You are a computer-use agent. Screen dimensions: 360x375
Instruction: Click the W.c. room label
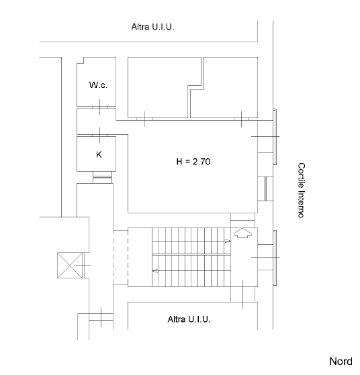[98, 85]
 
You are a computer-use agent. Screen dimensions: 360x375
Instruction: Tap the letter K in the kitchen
[99, 155]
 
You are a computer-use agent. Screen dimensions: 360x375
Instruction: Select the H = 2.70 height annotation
[193, 162]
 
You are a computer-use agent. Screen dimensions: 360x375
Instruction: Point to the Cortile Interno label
[302, 191]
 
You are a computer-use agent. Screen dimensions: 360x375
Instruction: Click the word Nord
[341, 361]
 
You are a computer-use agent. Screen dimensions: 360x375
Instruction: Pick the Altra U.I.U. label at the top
[152, 27]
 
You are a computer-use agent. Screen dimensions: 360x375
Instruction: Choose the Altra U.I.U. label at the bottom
[189, 319]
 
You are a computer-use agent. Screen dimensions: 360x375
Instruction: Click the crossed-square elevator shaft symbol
[70, 265]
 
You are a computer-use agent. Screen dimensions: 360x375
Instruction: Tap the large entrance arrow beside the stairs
[242, 233]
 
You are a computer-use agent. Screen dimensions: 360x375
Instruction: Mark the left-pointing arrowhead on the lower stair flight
[155, 271]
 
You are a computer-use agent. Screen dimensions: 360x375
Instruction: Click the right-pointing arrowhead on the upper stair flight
[228, 241]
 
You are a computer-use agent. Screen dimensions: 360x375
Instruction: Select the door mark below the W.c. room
[99, 107]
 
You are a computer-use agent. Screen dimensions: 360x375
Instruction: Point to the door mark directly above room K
[99, 136]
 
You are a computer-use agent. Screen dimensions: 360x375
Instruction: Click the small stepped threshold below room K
[102, 177]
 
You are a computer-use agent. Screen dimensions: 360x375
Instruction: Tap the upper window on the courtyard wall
[275, 137]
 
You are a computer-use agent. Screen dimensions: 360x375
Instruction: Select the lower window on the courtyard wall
[275, 258]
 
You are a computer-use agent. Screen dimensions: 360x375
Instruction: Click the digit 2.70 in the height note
[201, 162]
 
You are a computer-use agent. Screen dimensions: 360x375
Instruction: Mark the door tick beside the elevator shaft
[83, 265]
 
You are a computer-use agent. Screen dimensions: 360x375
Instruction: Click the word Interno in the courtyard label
[302, 204]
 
